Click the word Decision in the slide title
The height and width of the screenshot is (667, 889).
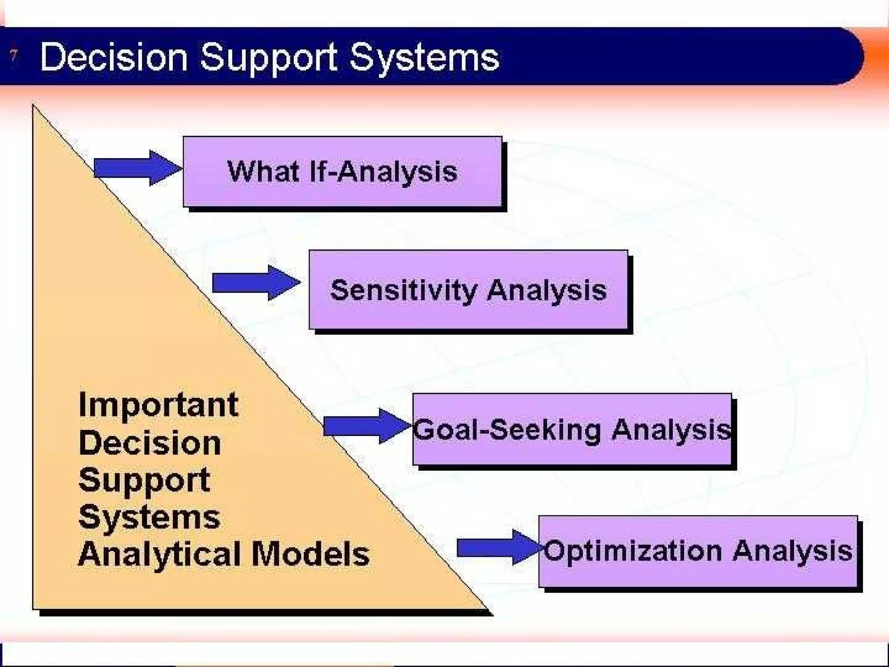114,57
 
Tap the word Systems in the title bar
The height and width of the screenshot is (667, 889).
425,58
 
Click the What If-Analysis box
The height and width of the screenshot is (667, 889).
342,172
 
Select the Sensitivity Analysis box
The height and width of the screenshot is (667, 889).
468,290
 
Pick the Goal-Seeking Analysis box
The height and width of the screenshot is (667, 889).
572,429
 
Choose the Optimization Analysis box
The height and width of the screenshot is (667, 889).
698,551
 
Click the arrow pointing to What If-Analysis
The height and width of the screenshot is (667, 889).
137,168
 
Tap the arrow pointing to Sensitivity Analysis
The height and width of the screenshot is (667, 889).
256,283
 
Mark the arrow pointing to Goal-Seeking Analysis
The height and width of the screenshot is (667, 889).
367,426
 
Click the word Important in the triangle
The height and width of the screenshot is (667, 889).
158,405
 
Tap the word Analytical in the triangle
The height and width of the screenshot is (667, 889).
161,555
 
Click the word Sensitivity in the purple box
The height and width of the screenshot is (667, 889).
404,290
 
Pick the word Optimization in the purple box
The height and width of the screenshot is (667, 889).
633,551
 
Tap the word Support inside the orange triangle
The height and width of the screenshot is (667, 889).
145,480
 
